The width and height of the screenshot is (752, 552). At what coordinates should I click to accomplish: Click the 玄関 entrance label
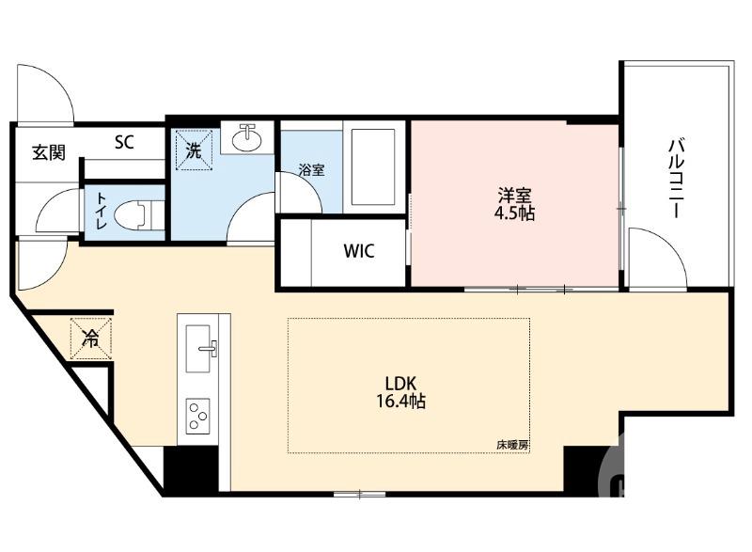click(x=48, y=152)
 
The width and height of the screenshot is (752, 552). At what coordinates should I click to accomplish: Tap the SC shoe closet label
click(x=124, y=143)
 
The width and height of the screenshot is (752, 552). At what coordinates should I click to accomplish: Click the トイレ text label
click(x=99, y=212)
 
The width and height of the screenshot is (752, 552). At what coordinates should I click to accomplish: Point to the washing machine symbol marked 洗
click(x=193, y=149)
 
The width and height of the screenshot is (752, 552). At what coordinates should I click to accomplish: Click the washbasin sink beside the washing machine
click(x=248, y=138)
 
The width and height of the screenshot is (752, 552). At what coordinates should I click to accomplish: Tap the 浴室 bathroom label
click(x=312, y=170)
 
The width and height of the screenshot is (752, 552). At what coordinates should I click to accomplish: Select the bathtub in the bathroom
click(x=374, y=166)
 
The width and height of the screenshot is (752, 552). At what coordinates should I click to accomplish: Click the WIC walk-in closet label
click(x=358, y=252)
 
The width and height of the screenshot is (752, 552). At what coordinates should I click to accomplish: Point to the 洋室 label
click(x=515, y=195)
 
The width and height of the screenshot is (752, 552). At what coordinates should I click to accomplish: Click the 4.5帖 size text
click(x=515, y=213)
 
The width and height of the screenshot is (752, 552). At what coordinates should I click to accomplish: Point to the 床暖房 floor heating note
click(x=512, y=445)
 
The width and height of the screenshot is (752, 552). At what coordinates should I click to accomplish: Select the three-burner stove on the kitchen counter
click(x=199, y=415)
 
